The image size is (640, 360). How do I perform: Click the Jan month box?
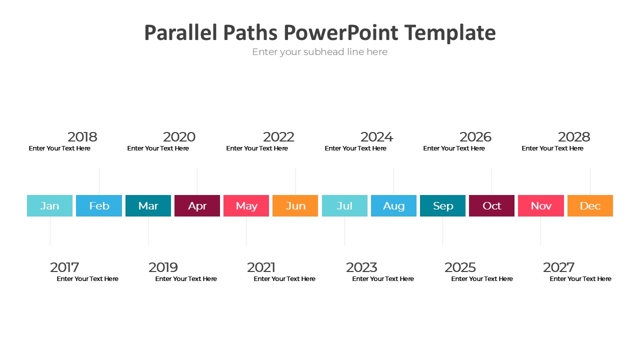49,205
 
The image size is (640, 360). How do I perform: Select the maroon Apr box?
197,205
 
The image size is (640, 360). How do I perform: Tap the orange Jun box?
295,205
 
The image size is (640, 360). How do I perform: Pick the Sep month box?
442,205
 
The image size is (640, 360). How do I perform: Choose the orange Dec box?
590,205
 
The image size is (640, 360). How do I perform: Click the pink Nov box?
541,205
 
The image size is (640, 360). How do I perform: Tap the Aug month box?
393,205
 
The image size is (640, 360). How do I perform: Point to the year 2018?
82,137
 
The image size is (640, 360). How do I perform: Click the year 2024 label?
377,137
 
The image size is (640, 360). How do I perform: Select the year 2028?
574,137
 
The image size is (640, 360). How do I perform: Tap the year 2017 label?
64,267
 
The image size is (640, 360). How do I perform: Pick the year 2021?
261,267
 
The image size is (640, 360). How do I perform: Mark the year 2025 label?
460,267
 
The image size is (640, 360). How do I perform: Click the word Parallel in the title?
181,32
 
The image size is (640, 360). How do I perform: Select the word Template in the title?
450,33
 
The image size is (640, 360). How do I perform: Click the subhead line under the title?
319,52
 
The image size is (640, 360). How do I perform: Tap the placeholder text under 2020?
158,148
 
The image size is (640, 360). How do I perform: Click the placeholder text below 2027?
580,279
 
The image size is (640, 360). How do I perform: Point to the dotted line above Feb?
99,181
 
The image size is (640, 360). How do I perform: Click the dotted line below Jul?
344,231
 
